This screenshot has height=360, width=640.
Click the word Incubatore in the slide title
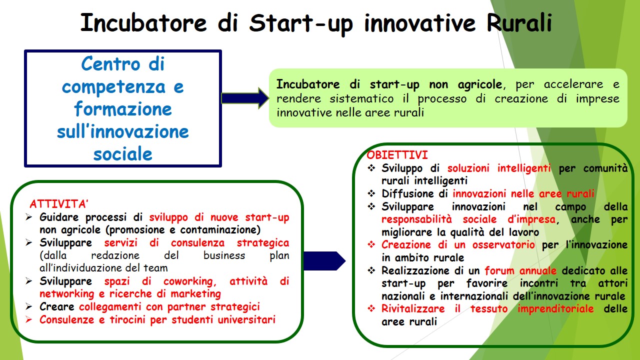(143, 23)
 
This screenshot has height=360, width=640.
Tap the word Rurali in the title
(519, 22)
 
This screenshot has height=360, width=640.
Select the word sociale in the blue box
(123, 154)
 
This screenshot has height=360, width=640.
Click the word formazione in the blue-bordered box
(123, 109)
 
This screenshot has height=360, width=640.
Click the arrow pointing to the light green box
(245, 98)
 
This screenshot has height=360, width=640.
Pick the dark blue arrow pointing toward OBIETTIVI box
(324, 261)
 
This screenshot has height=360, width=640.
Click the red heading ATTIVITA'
(59, 204)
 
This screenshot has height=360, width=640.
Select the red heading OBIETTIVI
(397, 155)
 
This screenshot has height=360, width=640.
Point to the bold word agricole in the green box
(480, 84)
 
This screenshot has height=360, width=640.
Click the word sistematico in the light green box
(361, 98)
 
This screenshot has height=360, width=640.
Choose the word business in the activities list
(224, 255)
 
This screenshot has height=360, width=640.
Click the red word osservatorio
(503, 245)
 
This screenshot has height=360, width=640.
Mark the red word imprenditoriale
(555, 309)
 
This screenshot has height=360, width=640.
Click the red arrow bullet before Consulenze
(28, 319)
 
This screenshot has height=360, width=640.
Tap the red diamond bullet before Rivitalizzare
(371, 308)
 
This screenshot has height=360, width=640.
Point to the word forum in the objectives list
(499, 270)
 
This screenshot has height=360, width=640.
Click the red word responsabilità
(416, 219)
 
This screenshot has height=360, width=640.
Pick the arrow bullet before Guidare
(28, 217)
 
